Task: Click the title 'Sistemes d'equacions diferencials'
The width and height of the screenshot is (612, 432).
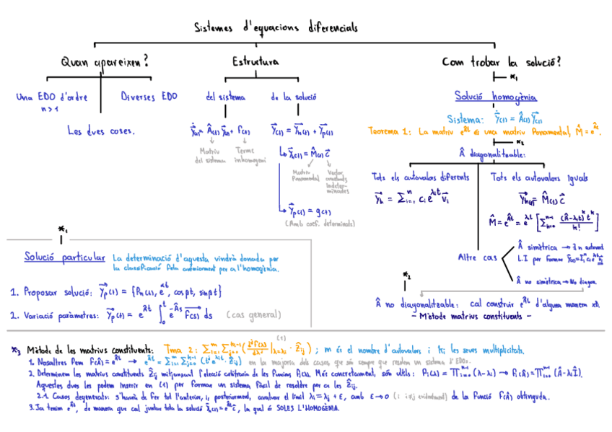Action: click(x=275, y=28)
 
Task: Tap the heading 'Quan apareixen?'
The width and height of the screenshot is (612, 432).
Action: click(x=105, y=63)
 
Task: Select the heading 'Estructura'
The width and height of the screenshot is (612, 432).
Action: click(x=256, y=63)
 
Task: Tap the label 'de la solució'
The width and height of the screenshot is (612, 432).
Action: click(x=293, y=97)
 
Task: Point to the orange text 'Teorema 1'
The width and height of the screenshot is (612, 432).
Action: click(x=391, y=132)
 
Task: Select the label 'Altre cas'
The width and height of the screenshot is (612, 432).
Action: click(x=477, y=257)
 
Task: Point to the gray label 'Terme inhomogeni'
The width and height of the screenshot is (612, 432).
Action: click(x=250, y=155)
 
